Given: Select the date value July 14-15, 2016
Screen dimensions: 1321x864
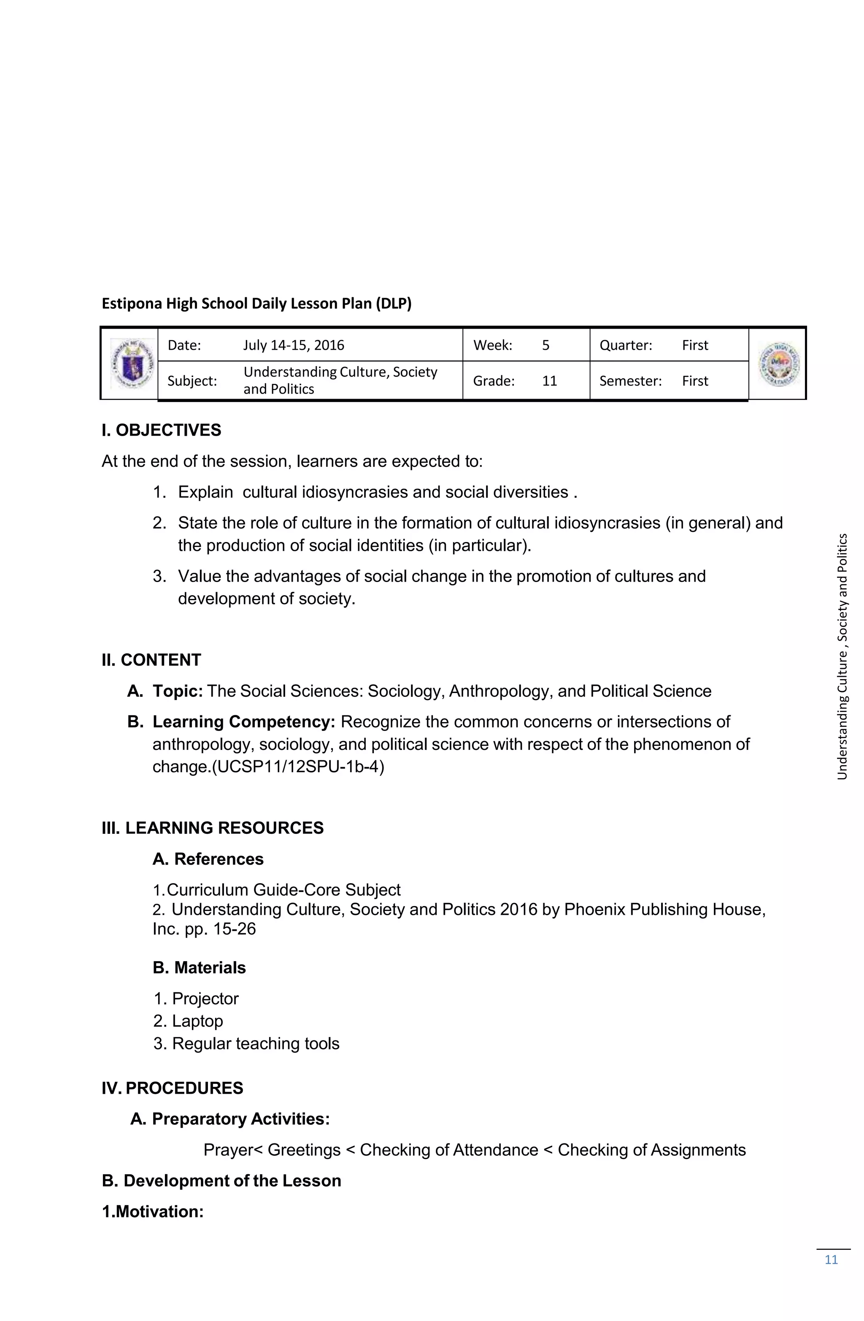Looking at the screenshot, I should (294, 345).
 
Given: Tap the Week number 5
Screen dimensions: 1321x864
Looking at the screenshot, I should (545, 345).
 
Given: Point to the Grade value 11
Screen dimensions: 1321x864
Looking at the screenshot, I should (549, 381).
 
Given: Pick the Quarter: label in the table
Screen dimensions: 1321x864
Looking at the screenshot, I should (625, 345).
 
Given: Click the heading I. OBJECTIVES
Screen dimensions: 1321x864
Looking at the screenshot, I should (161, 430).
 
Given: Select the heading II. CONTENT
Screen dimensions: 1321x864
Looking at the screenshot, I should (151, 660).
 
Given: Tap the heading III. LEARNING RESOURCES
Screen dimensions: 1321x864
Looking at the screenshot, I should (213, 828).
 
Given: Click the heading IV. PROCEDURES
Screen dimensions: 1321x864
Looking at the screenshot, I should (172, 1087).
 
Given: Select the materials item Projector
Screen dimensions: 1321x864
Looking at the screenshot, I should (205, 998).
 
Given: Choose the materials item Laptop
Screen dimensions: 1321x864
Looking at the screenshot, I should (197, 1021).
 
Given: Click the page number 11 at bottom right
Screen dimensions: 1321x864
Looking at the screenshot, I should (831, 1259).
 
